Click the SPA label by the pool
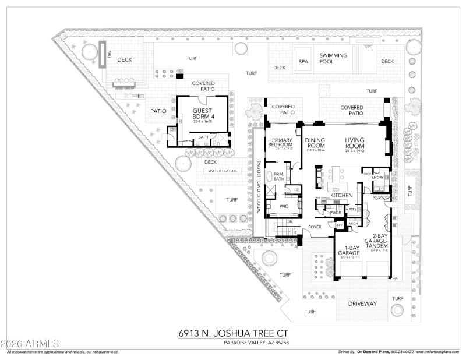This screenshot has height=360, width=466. [x=303, y=61]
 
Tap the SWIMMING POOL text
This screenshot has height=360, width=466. [x=333, y=59]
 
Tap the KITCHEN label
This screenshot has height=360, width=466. [x=342, y=195]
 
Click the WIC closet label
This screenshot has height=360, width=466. [x=284, y=206]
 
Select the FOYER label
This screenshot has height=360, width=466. [x=315, y=227]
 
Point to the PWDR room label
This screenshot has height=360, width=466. [x=336, y=213]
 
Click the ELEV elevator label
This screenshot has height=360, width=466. [x=338, y=224]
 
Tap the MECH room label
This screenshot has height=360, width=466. [x=353, y=223]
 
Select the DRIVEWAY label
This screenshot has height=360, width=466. [x=363, y=304]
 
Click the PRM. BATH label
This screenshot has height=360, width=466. [x=278, y=175]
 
